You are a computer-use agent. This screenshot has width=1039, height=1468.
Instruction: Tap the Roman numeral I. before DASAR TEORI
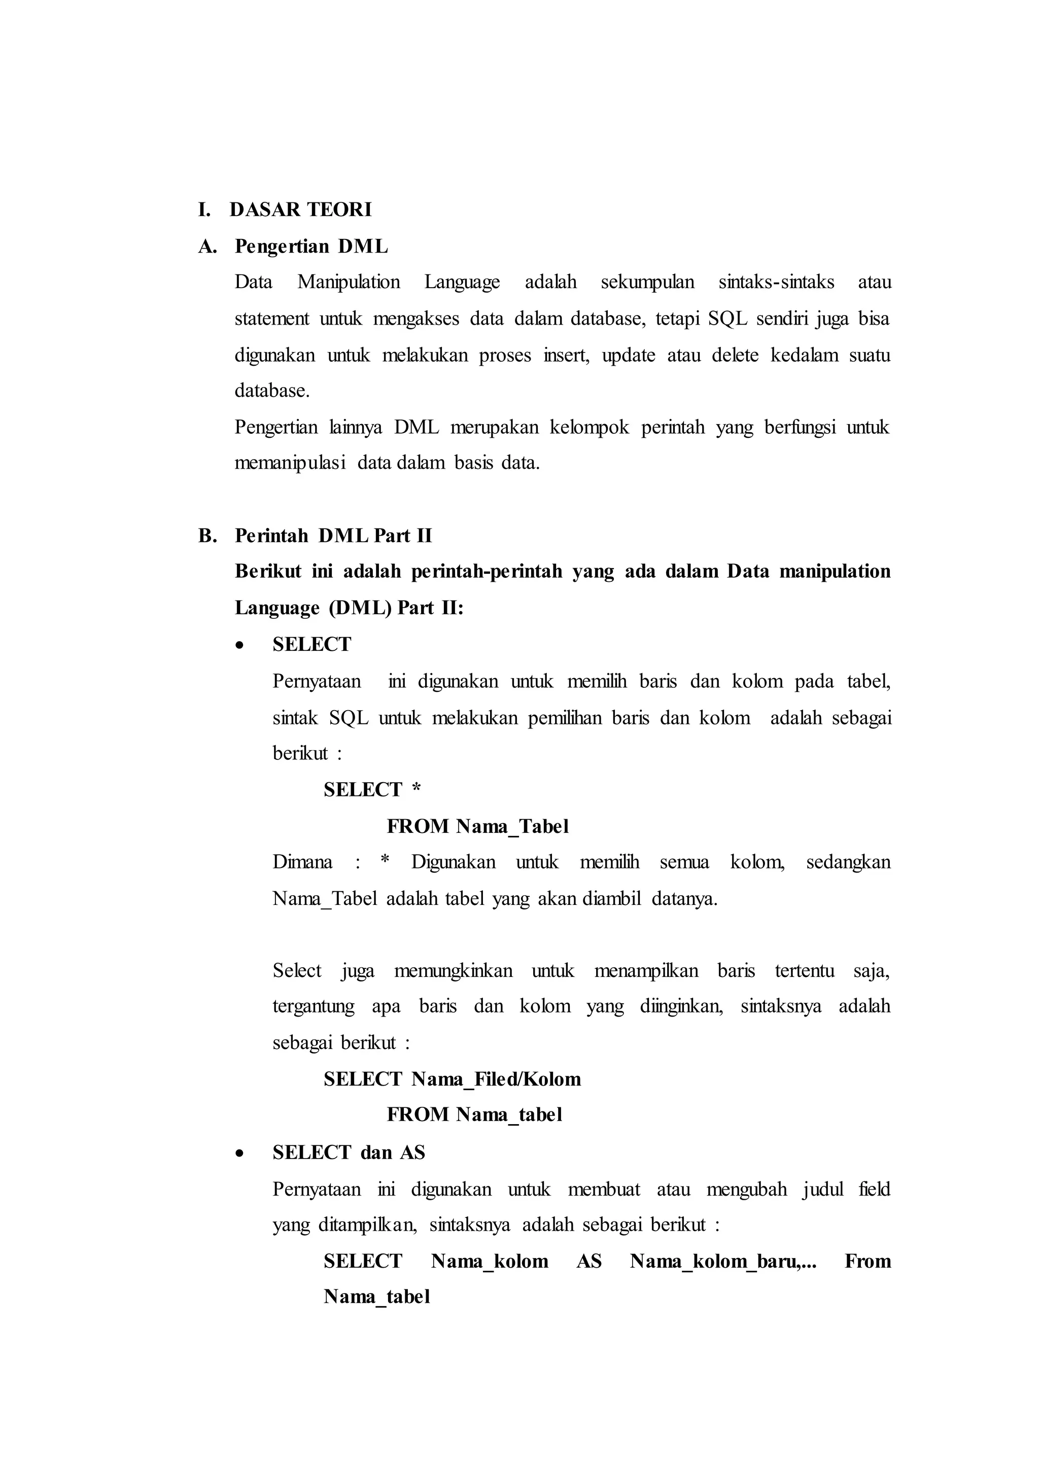pyautogui.click(x=204, y=210)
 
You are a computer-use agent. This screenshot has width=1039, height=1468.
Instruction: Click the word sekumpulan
pyautogui.click(x=647, y=282)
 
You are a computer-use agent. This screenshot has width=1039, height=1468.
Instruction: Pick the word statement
pyautogui.click(x=271, y=319)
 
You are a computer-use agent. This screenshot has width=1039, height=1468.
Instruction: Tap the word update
pyautogui.click(x=628, y=355)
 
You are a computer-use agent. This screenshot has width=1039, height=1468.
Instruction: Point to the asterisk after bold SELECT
pyautogui.click(x=417, y=789)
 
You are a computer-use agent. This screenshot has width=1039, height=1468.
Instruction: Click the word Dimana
pyautogui.click(x=302, y=862)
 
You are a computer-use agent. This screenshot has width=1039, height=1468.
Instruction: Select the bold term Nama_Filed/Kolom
pyautogui.click(x=496, y=1080)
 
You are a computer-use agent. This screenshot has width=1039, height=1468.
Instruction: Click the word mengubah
pyautogui.click(x=747, y=1189)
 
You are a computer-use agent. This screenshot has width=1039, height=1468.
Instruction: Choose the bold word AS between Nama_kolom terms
pyautogui.click(x=588, y=1262)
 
